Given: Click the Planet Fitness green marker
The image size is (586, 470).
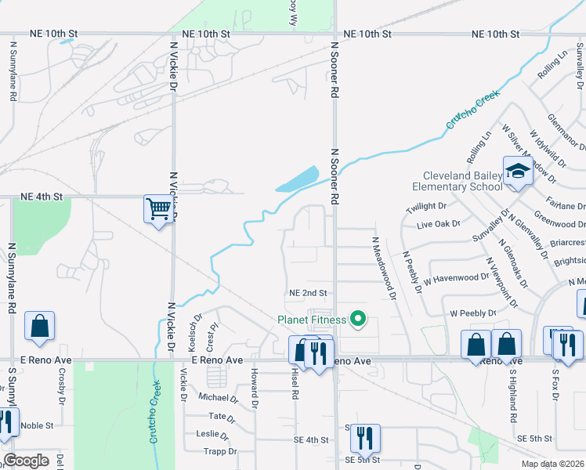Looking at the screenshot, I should pyautogui.click(x=358, y=318).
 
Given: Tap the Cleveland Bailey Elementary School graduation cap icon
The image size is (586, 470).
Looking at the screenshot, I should pyautogui.click(x=518, y=171).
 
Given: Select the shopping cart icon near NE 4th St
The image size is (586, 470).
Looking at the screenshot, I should pyautogui.click(x=158, y=210).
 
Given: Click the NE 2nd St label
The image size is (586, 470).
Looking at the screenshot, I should pyautogui.click(x=307, y=293).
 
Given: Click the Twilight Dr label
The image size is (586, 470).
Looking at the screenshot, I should pyautogui.click(x=426, y=207).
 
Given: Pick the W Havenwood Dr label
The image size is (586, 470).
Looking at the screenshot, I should pyautogui.click(x=456, y=278).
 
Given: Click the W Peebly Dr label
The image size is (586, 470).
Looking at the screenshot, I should pyautogui.click(x=473, y=313).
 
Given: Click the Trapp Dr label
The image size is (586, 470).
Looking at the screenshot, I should pyautogui.click(x=220, y=451).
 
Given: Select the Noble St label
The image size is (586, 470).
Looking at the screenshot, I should pyautogui.click(x=37, y=425).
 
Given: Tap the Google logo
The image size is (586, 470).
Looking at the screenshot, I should pyautogui.click(x=26, y=461).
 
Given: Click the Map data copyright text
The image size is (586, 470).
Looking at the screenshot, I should pyautogui.click(x=554, y=464).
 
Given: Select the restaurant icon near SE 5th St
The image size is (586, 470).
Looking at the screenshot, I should pyautogui.click(x=364, y=437).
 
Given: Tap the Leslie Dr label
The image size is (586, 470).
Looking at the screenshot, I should pyautogui.click(x=212, y=433).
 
